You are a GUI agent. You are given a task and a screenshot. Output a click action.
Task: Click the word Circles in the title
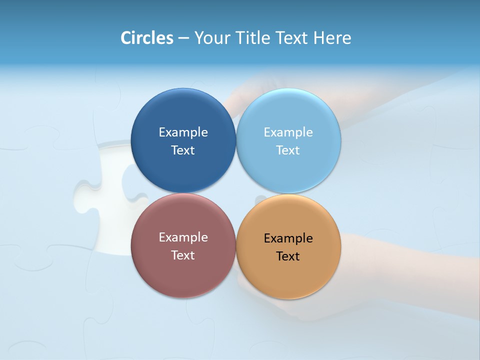pos(147,38)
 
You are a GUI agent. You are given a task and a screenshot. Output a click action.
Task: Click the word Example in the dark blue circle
pos(183,132)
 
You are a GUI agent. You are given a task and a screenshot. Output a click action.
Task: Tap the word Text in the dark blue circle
pos(183,150)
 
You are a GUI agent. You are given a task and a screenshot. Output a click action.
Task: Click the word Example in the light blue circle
pos(288,132)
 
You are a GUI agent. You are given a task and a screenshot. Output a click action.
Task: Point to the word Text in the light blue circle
pos(288,150)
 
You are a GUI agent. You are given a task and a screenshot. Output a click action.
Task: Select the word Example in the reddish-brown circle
pos(183,237)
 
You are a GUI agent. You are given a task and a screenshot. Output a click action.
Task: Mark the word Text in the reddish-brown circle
pos(183,255)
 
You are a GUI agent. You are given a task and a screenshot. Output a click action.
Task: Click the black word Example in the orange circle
pos(288,238)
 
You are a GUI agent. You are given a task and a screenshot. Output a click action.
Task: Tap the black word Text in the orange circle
pos(288,256)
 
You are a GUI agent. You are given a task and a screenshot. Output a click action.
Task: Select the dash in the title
pos(183,38)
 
